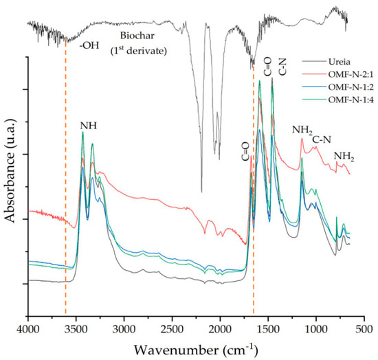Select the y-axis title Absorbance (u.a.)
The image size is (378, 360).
[10, 186]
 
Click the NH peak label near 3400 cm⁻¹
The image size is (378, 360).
[87, 125]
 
